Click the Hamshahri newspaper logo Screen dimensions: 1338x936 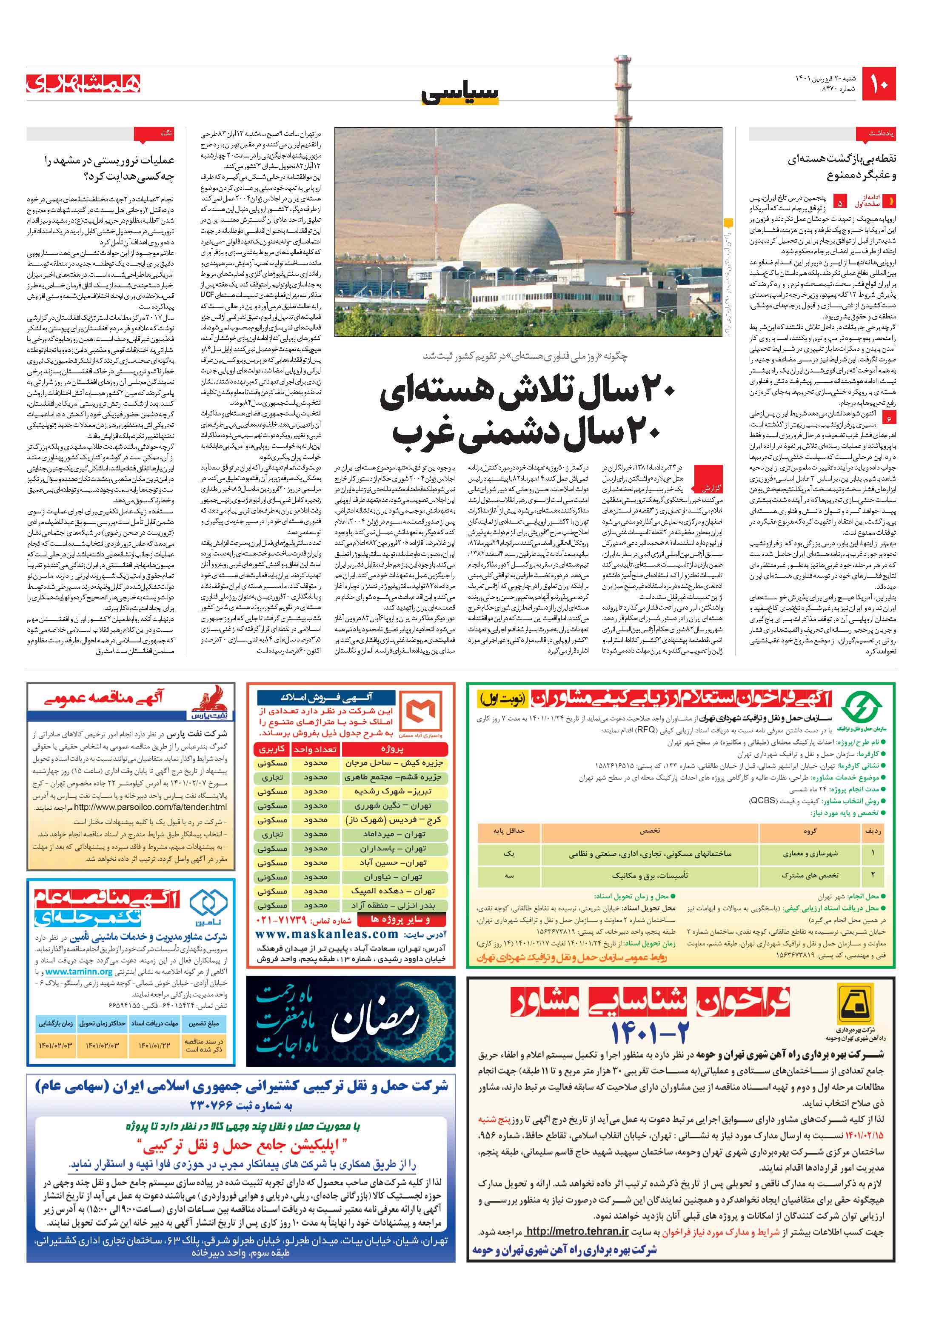[83, 84]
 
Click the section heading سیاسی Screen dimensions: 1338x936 [460, 93]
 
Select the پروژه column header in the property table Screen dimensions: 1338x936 [392, 749]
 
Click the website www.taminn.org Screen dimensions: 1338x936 [79, 971]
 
